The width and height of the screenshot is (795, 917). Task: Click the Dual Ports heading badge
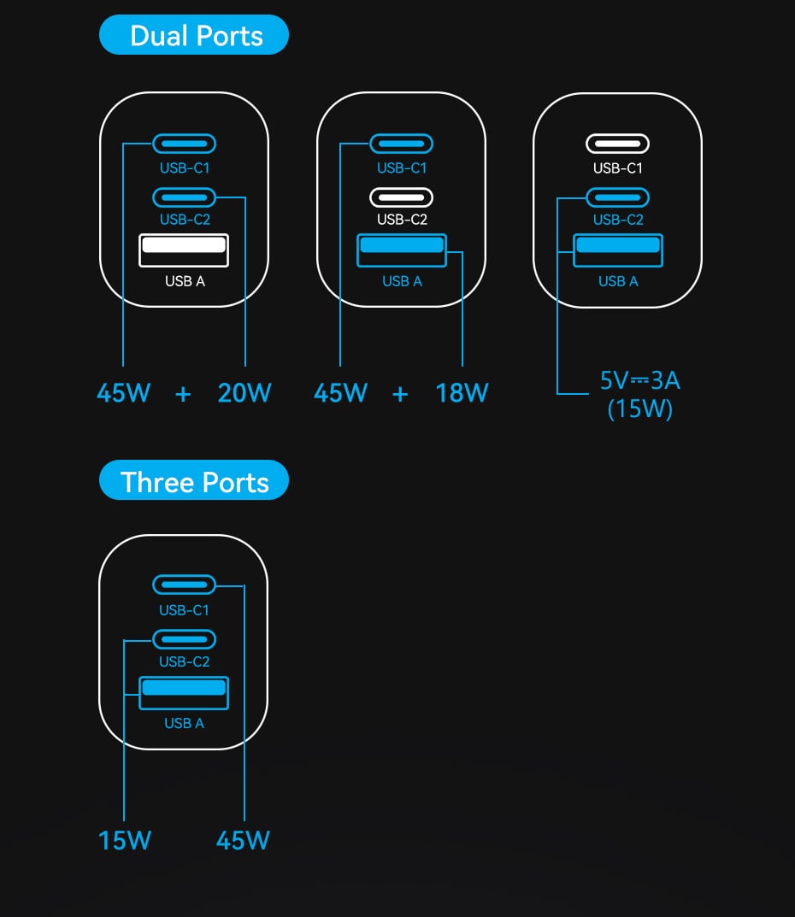click(x=194, y=35)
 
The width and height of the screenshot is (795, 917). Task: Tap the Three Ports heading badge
click(x=194, y=482)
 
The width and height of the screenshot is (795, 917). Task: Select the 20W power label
click(x=244, y=393)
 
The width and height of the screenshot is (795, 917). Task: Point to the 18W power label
click(x=462, y=393)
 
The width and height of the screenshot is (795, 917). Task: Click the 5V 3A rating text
click(x=640, y=380)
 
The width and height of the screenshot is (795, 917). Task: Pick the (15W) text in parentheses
click(x=640, y=409)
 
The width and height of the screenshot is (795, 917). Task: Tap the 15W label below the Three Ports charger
click(x=125, y=840)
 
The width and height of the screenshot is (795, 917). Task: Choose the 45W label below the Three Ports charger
click(x=243, y=840)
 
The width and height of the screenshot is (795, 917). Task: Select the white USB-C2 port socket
click(x=401, y=197)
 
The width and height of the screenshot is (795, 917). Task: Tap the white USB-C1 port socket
click(x=617, y=144)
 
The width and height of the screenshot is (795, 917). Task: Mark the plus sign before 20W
click(x=183, y=394)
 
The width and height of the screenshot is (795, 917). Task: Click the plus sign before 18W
click(x=400, y=394)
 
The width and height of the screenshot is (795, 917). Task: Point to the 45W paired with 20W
click(x=124, y=393)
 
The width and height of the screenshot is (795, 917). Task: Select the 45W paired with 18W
click(x=340, y=393)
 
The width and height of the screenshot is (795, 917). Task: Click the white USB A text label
click(x=185, y=281)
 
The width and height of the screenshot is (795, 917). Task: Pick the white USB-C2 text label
click(x=402, y=220)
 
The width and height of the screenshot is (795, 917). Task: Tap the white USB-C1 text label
click(x=617, y=168)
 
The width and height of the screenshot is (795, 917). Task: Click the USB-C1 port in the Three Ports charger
click(x=184, y=585)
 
